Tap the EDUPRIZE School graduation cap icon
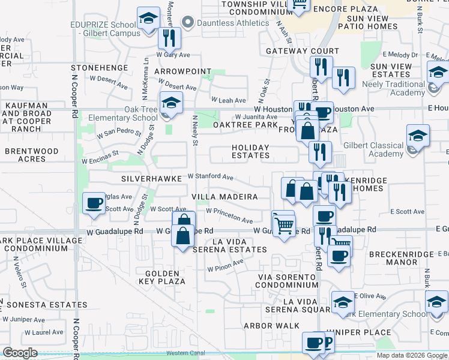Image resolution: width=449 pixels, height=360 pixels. point(148,19)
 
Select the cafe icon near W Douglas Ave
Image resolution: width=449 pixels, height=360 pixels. point(94,203)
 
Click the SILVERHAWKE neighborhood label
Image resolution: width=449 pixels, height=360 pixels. point(151,179)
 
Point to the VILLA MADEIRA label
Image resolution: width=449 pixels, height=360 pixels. point(224,197)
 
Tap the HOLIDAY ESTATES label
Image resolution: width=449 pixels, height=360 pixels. point(251,151)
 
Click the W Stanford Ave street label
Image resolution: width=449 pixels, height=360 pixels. point(210,177)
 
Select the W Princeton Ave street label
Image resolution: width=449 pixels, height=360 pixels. point(229,216)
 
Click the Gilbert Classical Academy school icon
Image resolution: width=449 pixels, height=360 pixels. point(417,137)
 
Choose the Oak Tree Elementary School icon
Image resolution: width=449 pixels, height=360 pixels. point(171,103)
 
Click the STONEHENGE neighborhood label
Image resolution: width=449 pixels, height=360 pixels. point(100,68)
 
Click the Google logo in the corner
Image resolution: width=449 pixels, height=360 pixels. point(20,353)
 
